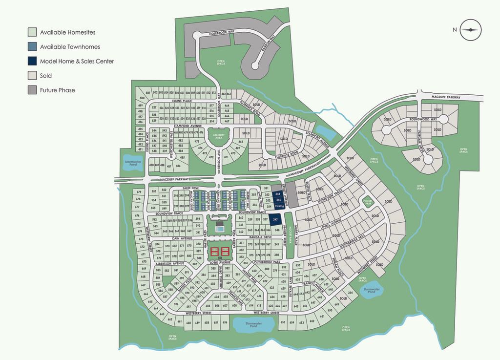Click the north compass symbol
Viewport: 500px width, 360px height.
click(x=471, y=29)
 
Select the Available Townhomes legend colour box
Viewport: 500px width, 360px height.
click(x=32, y=47)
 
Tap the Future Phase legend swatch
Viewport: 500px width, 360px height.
click(x=32, y=90)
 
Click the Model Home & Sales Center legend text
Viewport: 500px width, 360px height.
click(x=77, y=62)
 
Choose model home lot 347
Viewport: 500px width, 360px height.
click(x=276, y=220)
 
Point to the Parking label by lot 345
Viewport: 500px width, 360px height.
click(x=279, y=206)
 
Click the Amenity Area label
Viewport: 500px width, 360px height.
click(x=218, y=136)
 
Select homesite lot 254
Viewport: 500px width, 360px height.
click(x=350, y=293)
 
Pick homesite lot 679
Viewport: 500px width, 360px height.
click(x=138, y=192)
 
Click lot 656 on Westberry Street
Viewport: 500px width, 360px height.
click(x=225, y=322)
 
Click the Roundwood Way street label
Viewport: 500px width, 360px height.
click(x=423, y=119)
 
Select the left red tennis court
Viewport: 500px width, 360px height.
click(x=215, y=253)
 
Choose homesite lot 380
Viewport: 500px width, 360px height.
click(x=267, y=269)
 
